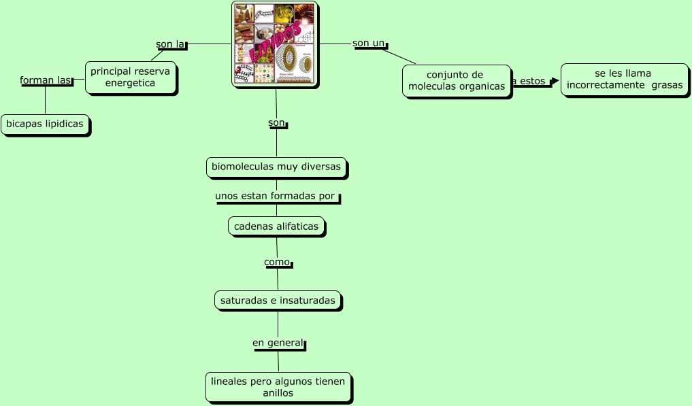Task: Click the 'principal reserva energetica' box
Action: click(130, 77)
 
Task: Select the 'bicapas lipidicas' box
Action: click(45, 124)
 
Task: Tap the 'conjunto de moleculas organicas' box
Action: click(456, 80)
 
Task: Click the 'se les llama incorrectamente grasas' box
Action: click(624, 79)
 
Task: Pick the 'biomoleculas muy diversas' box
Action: click(276, 167)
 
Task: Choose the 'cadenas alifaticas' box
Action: click(276, 226)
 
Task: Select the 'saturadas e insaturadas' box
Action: click(278, 300)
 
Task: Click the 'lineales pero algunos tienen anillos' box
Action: click(278, 387)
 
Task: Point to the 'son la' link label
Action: click(170, 44)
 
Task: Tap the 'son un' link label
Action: click(369, 44)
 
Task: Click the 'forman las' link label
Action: click(46, 80)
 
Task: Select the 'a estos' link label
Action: click(529, 81)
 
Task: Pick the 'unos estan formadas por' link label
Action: click(276, 197)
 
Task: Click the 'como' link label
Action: click(277, 262)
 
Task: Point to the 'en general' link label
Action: click(277, 343)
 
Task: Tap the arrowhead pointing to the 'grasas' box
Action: click(555, 81)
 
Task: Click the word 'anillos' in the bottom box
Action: click(278, 393)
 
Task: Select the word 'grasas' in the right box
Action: click(666, 85)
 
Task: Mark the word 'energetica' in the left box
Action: click(130, 83)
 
